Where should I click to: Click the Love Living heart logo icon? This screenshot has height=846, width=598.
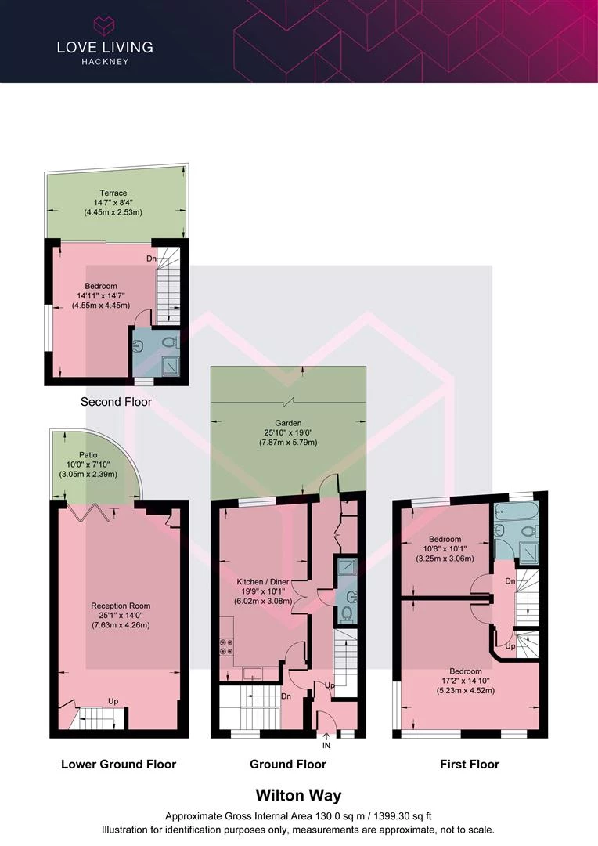(104, 26)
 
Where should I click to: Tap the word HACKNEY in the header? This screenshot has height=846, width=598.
(105, 62)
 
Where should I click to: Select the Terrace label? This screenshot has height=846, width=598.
(113, 193)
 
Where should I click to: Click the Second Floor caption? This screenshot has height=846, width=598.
(116, 401)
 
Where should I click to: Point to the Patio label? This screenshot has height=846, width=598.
(88, 455)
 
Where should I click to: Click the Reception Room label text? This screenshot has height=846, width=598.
(121, 606)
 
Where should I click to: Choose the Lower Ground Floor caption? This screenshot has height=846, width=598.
(119, 764)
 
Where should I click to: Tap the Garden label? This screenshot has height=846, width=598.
(288, 423)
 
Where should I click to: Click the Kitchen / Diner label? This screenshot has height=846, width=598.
(263, 581)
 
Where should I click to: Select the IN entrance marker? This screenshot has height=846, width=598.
(326, 745)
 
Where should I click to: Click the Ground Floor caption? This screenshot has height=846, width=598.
(288, 764)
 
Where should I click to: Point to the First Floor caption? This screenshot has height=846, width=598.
(470, 764)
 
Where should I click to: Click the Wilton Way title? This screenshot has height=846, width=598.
(299, 795)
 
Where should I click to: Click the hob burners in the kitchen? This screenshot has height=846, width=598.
(226, 646)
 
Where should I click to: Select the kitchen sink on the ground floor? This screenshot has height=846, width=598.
(252, 674)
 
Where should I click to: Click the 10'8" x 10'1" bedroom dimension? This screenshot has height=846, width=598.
(445, 548)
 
